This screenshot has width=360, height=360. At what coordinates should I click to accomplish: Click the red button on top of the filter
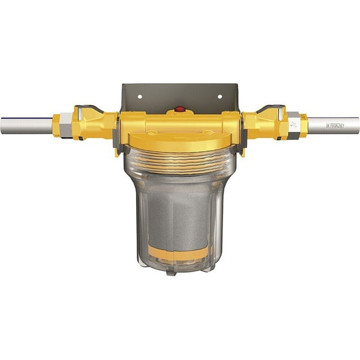(x=179, y=110)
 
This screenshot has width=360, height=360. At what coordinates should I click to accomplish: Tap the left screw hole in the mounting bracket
(x=139, y=95)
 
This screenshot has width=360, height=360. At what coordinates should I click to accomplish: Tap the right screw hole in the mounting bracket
(x=220, y=95)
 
